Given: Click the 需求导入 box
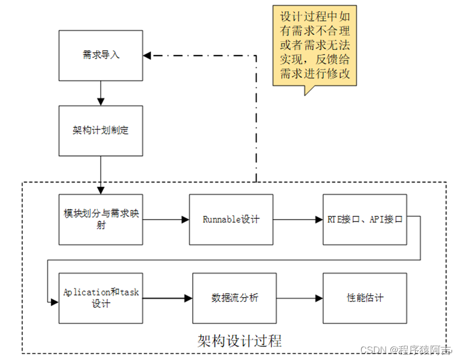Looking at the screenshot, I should coord(100,55).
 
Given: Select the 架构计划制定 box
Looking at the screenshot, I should coord(100,131).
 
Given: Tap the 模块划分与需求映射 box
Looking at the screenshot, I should coord(100,219).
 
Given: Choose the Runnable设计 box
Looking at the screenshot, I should coord(231,219).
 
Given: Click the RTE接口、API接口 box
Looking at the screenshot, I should coord(365,219).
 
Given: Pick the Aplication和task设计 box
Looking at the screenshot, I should coord(100,298).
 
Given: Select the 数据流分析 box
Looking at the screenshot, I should coord(235,298).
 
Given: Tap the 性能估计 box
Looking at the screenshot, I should coord(365,298).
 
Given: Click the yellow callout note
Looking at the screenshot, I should coord(315,45).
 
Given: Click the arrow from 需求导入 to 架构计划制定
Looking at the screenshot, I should coord(100,93).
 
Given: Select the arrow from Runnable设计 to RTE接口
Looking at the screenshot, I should coord(298,219).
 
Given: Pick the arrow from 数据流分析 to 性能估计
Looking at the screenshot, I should coord(299,298).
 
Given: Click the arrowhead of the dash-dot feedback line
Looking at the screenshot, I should coord(147,55).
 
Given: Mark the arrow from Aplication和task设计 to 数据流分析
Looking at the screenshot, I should coord(167,298).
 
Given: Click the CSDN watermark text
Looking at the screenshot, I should coord(406,350).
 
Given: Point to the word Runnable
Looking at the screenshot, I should coord(221,219).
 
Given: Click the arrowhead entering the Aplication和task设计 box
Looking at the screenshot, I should coord(54,302).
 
